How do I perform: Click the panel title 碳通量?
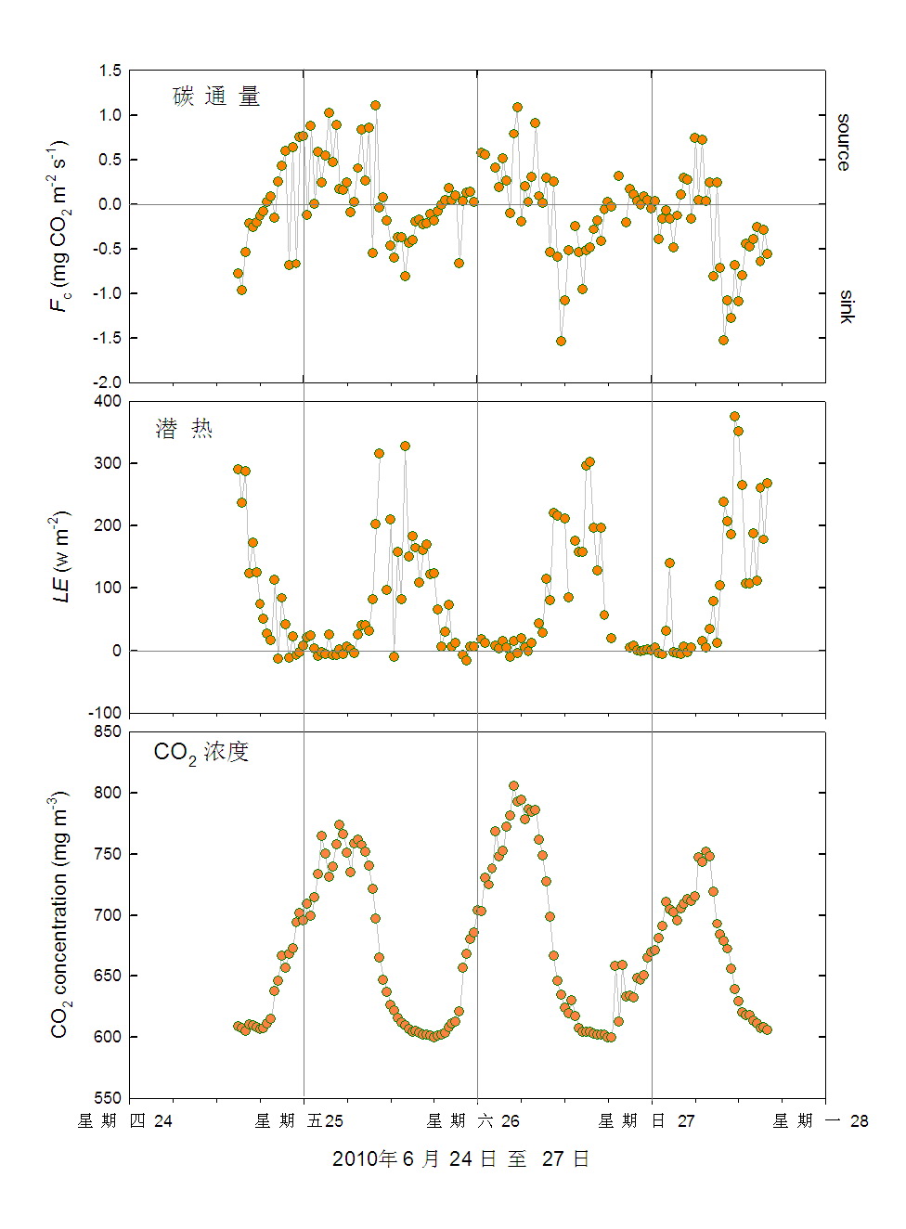tap(216, 97)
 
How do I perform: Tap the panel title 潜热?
tap(184, 428)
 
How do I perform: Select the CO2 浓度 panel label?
tap(201, 752)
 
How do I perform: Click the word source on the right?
tap(843, 142)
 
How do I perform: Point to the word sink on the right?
tap(845, 305)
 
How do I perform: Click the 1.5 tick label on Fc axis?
tap(110, 71)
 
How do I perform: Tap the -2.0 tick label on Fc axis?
tap(107, 382)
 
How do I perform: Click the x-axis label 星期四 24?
tap(125, 1121)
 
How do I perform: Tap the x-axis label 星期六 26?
tap(473, 1121)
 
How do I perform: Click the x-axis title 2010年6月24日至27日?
tap(460, 1159)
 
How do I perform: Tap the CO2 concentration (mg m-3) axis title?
tap(59, 914)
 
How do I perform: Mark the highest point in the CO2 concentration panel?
tap(514, 786)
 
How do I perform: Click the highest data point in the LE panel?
tap(734, 417)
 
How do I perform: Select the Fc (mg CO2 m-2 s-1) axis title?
tap(59, 226)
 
